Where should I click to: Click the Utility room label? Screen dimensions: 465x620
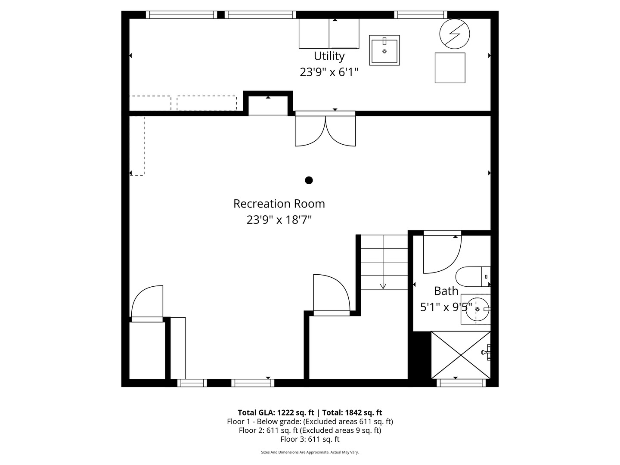[x=329, y=56]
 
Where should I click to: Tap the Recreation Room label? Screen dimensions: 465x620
[x=279, y=204]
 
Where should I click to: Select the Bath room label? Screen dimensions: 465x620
[x=446, y=291]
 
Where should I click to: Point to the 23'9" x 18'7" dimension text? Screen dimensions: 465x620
[x=279, y=220]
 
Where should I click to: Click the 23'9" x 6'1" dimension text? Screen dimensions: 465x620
[x=329, y=72]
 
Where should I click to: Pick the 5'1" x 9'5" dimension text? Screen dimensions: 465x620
[x=446, y=307]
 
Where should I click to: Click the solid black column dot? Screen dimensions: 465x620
[x=309, y=180]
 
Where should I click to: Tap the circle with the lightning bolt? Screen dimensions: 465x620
[x=454, y=34]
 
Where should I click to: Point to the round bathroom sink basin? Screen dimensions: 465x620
[x=476, y=309]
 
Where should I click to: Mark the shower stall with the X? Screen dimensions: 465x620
[x=461, y=355]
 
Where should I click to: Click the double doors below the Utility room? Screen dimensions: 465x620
[x=325, y=130]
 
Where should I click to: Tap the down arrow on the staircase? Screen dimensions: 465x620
[x=383, y=286]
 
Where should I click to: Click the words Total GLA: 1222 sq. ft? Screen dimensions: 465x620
[x=276, y=412]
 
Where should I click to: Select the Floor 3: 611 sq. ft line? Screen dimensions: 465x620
[x=310, y=439]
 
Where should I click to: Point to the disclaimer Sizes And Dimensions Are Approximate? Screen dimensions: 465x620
[x=310, y=453]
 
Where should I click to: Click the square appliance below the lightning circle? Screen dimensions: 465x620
[x=450, y=68]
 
